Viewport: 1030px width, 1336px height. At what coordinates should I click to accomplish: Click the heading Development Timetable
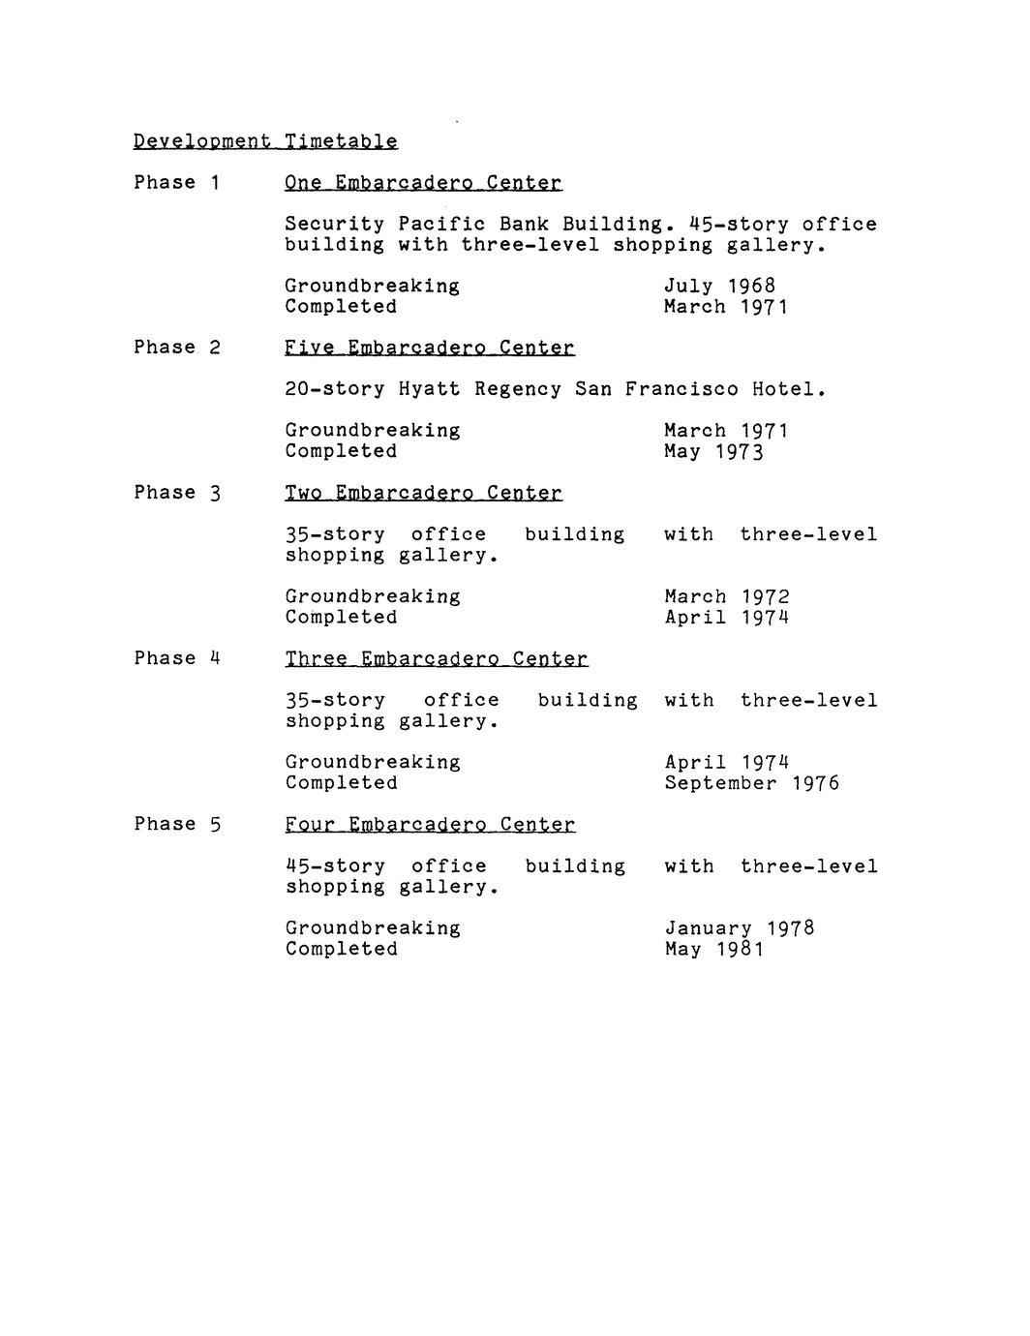click(265, 141)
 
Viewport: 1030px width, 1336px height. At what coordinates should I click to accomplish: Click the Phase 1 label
click(177, 183)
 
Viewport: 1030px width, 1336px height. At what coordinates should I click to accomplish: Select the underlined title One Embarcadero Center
click(423, 183)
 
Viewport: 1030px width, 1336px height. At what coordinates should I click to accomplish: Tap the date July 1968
click(719, 286)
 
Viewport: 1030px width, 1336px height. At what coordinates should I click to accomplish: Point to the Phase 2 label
click(177, 348)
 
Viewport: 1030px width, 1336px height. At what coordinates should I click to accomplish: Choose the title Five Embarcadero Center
click(430, 348)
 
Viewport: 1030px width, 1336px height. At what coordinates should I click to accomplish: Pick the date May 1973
click(713, 451)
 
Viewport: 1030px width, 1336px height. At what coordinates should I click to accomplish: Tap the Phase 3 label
click(177, 493)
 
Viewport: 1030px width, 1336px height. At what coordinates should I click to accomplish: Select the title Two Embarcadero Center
click(423, 493)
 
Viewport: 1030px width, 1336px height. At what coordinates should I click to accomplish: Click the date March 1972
click(726, 596)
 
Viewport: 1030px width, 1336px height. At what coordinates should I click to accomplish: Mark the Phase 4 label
click(177, 658)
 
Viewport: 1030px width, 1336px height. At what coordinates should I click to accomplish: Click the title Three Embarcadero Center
click(436, 659)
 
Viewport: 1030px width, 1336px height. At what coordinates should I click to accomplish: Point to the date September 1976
click(751, 782)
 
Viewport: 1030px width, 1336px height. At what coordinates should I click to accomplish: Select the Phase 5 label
click(177, 824)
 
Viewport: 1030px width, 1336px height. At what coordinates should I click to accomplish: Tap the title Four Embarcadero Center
click(430, 825)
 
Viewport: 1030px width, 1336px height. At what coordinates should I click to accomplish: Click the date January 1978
click(739, 928)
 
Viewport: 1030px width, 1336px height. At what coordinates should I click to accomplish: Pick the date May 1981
click(713, 949)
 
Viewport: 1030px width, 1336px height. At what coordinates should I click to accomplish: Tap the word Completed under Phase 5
click(341, 949)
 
